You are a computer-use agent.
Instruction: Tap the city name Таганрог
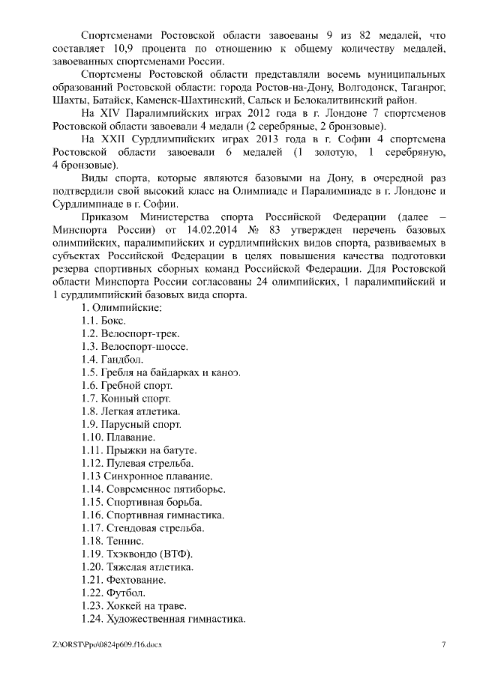[x=423, y=88]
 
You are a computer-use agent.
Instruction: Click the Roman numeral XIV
[x=115, y=114]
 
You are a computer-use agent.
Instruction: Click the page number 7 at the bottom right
[x=443, y=645]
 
